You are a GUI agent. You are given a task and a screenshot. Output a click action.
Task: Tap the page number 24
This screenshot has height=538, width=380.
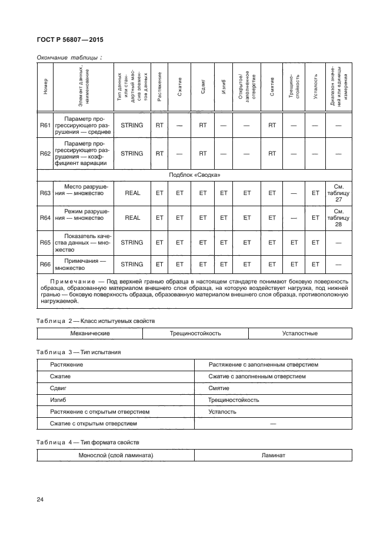pos(40,500)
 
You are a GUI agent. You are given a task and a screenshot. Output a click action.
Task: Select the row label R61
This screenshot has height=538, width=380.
pos(45,126)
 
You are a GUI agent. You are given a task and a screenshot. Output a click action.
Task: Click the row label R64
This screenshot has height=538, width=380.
pos(45,217)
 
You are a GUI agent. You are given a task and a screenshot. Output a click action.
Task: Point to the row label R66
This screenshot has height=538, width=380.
pos(45,265)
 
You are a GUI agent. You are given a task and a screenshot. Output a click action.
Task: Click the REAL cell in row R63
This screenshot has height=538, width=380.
pos(132,192)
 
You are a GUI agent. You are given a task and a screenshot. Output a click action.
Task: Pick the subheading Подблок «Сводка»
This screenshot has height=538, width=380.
pos(195,175)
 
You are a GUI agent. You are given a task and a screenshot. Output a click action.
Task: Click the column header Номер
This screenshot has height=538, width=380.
pos(45,86)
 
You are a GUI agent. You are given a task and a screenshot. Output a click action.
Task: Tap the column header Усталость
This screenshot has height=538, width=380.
pos(316,86)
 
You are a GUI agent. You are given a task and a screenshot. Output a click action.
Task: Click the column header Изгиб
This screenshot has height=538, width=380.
pos(224,86)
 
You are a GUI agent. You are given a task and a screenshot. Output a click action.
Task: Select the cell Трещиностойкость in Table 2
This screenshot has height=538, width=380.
pos(195,334)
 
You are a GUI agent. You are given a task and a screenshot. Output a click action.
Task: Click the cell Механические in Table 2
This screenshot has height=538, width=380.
pos(90,334)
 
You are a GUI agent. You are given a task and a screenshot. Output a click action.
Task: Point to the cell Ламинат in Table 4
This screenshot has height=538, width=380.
pos(274,456)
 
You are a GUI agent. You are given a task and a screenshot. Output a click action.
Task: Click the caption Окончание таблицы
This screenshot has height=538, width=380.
pos(69,57)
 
